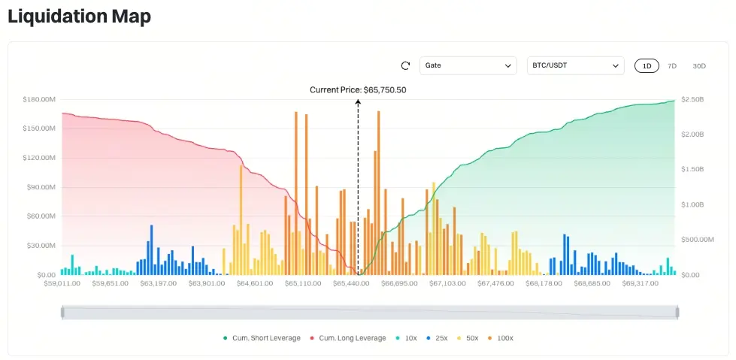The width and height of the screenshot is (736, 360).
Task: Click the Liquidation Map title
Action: point(79,17)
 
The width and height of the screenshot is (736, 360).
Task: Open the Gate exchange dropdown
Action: point(468,65)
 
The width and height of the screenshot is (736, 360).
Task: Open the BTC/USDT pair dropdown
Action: point(575,65)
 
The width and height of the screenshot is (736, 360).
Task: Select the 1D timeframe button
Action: point(647,65)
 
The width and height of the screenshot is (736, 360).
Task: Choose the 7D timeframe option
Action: point(671,65)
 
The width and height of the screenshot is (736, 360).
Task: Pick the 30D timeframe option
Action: point(699,65)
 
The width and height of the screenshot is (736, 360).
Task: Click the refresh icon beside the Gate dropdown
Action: point(405,65)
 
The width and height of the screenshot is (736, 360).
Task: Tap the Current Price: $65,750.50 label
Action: point(358,90)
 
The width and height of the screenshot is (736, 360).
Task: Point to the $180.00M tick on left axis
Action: point(39,99)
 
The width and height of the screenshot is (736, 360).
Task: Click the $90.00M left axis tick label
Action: point(41,187)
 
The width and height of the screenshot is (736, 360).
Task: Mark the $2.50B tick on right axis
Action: point(692,99)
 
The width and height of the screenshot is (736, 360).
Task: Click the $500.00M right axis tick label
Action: point(698,240)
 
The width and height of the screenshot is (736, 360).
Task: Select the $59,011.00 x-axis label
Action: point(62,283)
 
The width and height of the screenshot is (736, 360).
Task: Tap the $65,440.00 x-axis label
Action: point(351,283)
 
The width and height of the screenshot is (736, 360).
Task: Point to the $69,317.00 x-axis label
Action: point(641,283)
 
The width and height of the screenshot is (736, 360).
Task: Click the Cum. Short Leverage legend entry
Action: point(262,338)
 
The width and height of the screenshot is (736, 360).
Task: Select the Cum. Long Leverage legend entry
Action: point(348,338)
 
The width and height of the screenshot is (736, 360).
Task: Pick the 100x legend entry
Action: point(501,338)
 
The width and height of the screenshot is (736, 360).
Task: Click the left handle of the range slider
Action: point(62,313)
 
